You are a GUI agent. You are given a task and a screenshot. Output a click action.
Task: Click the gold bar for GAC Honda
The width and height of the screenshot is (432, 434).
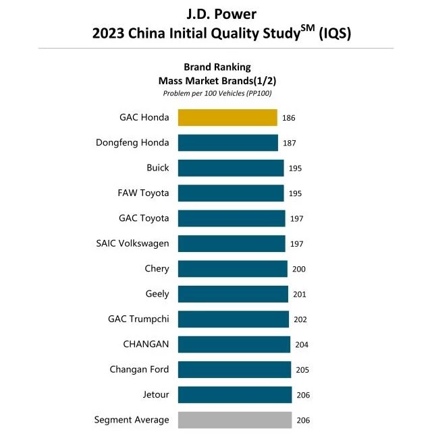[x=227, y=117]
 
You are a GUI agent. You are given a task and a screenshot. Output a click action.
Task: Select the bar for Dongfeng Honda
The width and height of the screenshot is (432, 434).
[x=228, y=143]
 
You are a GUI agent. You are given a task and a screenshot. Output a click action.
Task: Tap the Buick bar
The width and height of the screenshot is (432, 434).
[x=231, y=168]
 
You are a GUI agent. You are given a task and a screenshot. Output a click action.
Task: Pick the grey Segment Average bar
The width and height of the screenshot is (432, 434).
[x=235, y=420]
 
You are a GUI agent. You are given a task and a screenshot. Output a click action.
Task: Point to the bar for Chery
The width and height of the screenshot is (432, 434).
[x=233, y=269]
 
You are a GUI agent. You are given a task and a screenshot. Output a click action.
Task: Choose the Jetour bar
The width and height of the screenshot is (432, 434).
[x=235, y=395]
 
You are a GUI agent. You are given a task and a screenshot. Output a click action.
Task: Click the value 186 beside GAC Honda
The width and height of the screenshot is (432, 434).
[x=289, y=118]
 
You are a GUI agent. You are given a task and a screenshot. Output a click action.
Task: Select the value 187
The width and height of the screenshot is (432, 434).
[x=290, y=143]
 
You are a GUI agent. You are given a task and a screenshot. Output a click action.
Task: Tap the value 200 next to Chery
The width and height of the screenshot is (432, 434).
[x=299, y=269]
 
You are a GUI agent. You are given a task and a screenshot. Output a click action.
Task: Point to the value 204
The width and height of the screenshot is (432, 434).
[x=302, y=344]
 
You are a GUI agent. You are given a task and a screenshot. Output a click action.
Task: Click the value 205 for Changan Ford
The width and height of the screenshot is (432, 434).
[x=302, y=370]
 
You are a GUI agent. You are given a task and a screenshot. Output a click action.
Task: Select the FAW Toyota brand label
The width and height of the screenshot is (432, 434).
[x=143, y=193]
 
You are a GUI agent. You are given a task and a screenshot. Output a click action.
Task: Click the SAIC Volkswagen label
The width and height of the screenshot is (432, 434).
[x=133, y=243]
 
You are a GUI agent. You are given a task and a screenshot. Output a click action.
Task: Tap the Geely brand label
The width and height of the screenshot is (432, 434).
[x=157, y=294]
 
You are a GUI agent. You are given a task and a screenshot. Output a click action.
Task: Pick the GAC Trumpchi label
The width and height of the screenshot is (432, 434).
[x=138, y=319]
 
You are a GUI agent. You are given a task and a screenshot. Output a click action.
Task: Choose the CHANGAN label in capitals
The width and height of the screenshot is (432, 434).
[x=146, y=344]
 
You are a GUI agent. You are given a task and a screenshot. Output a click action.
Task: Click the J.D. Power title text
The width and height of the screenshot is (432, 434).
[x=216, y=13]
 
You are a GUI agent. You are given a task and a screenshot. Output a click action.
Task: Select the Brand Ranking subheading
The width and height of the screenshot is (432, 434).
[x=217, y=67]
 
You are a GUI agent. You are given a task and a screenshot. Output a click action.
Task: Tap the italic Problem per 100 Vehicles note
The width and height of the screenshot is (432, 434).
[x=217, y=93]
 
